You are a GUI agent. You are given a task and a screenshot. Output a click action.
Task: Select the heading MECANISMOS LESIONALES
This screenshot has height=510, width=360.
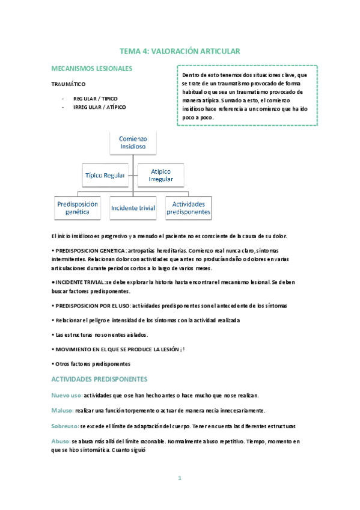(92, 69)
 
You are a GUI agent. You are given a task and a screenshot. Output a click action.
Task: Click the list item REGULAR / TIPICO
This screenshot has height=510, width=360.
(96, 97)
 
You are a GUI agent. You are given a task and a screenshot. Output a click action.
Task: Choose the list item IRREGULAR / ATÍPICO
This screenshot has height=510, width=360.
(100, 107)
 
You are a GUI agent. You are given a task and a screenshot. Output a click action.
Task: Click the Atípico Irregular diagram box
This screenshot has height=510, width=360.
(160, 175)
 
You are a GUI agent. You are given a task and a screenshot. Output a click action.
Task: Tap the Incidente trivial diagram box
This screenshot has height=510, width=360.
(133, 208)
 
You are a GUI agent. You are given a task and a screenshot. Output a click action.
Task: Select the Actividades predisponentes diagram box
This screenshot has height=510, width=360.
(189, 208)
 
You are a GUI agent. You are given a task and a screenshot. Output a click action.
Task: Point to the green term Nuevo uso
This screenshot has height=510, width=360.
(67, 395)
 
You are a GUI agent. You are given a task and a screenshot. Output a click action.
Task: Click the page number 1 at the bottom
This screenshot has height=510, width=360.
(180, 478)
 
